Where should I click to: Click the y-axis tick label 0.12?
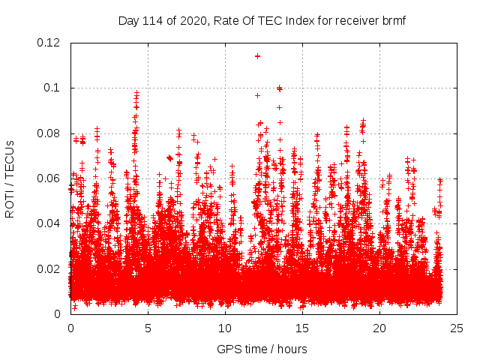coord(49,43)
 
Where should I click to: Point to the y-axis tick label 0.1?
coord(52,88)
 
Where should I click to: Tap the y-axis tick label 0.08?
coord(49,133)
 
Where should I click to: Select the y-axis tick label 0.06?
coord(49,178)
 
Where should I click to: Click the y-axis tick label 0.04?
coord(49,223)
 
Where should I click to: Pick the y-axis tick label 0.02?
coord(49,269)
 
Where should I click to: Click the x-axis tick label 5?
coord(148,328)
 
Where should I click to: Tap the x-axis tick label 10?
coord(225,328)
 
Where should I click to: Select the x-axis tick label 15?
coord(302,328)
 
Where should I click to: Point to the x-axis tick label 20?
coord(379,328)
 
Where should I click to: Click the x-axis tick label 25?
coord(457,328)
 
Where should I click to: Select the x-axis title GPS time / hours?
coord(262,349)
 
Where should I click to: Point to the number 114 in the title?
coord(154,20)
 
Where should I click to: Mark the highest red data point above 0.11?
coord(257,55)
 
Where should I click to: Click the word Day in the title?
coord(128,20)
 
